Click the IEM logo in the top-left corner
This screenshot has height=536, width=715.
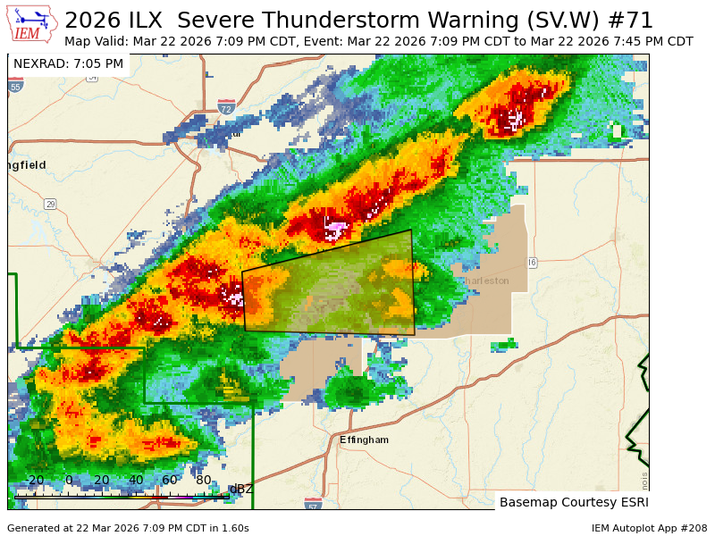tap(33, 25)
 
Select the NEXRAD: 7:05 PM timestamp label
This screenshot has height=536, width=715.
tap(68, 63)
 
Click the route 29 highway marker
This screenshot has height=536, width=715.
tap(51, 204)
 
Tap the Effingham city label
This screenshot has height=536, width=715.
tap(364, 440)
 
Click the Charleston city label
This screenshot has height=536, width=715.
tap(485, 281)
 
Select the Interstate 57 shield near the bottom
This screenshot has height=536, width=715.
tap(313, 506)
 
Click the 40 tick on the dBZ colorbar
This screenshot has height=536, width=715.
tap(136, 480)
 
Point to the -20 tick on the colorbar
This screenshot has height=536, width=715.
tap(35, 480)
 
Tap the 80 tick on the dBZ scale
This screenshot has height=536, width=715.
tap(203, 480)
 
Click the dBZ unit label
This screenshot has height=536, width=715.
tap(241, 489)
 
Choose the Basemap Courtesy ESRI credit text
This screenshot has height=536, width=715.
tap(572, 502)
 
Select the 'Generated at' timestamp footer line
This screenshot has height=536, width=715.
tap(128, 528)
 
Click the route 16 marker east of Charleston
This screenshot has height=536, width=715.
tap(532, 262)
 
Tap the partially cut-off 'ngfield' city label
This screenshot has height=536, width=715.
tap(27, 165)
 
